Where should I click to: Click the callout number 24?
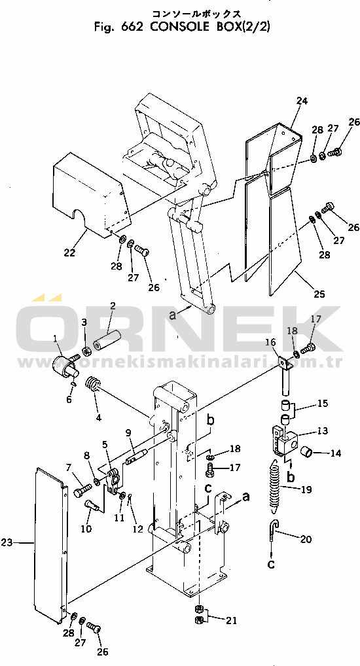click(x=302, y=101)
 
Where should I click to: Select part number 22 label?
click(x=69, y=253)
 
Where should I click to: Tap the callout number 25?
click(x=319, y=294)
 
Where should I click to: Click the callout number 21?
click(x=231, y=621)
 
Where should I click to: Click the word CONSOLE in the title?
click(x=181, y=27)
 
